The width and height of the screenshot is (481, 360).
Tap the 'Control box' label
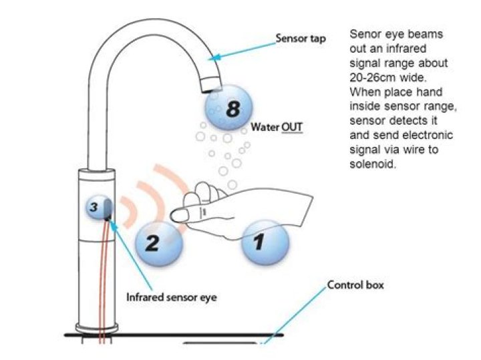(355, 286)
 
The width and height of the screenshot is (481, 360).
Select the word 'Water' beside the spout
(265, 126)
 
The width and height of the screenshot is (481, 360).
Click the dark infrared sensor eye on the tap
(110, 211)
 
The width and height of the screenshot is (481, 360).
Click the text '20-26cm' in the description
(371, 79)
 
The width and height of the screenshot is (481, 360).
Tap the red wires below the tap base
(102, 337)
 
